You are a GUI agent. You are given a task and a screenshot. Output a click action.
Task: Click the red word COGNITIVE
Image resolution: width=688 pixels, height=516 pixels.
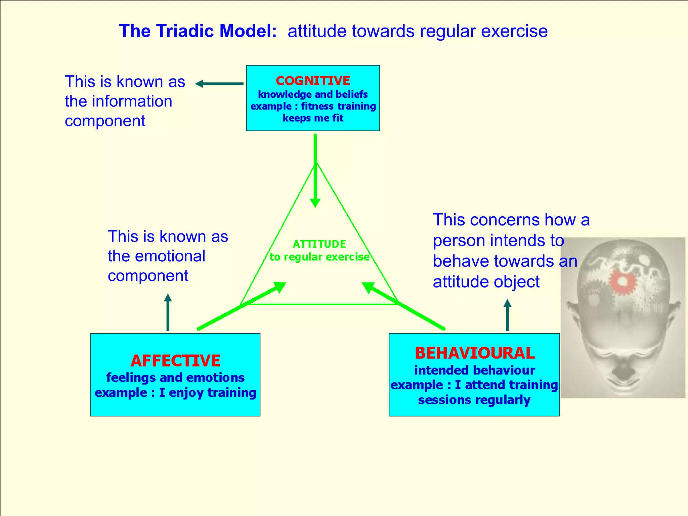[x=313, y=81]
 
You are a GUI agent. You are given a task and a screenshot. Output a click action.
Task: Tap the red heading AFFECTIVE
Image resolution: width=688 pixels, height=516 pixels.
[x=175, y=361]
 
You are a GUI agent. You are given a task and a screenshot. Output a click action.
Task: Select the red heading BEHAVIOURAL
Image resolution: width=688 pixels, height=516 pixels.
[x=474, y=353]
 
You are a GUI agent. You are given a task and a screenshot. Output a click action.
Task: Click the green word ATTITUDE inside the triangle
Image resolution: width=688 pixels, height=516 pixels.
[x=319, y=244]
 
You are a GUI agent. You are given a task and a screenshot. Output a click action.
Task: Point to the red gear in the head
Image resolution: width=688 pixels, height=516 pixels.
[x=622, y=282]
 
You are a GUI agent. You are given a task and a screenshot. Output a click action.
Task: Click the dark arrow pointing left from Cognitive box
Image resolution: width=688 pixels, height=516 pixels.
[x=219, y=84]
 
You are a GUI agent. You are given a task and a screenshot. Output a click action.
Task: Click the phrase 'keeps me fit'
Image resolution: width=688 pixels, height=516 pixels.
[x=313, y=118]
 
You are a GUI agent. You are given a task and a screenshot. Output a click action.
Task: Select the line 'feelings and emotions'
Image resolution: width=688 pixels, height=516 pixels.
[x=175, y=378]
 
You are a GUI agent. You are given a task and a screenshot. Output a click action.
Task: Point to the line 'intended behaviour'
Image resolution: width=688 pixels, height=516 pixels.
[x=474, y=370]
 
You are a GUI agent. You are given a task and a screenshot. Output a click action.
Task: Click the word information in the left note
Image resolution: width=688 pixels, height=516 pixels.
[x=132, y=101]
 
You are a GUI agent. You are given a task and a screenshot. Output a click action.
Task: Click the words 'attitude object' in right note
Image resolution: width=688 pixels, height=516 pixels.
[x=486, y=282]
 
